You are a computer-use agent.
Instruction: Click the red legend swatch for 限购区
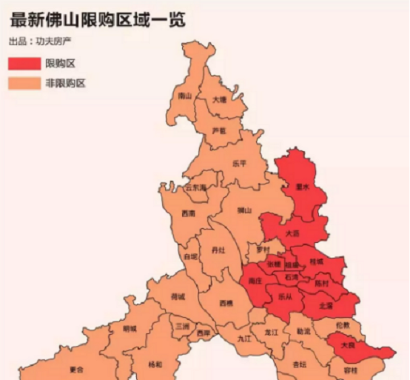(x=24, y=63)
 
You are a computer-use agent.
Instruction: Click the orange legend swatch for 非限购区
(x=24, y=83)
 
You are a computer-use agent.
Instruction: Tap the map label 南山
(x=185, y=96)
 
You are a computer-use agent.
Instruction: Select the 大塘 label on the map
(x=220, y=99)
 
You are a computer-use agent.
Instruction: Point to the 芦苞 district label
(x=219, y=130)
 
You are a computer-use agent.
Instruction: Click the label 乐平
(x=238, y=163)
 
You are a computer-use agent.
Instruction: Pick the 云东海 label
(x=195, y=188)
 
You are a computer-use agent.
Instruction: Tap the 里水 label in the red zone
(x=301, y=187)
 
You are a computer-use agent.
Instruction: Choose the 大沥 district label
(x=293, y=234)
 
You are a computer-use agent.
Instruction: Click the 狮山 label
(x=244, y=211)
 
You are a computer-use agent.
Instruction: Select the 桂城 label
(x=317, y=262)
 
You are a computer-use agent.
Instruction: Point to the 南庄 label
(x=257, y=281)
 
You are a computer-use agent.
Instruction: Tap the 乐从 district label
(x=285, y=297)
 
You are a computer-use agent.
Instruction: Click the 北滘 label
(x=326, y=304)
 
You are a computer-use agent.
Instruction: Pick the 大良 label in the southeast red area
(x=347, y=345)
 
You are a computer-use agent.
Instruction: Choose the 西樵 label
(x=226, y=304)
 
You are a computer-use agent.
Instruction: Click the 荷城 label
(x=178, y=297)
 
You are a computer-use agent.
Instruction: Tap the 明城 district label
(x=130, y=328)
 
